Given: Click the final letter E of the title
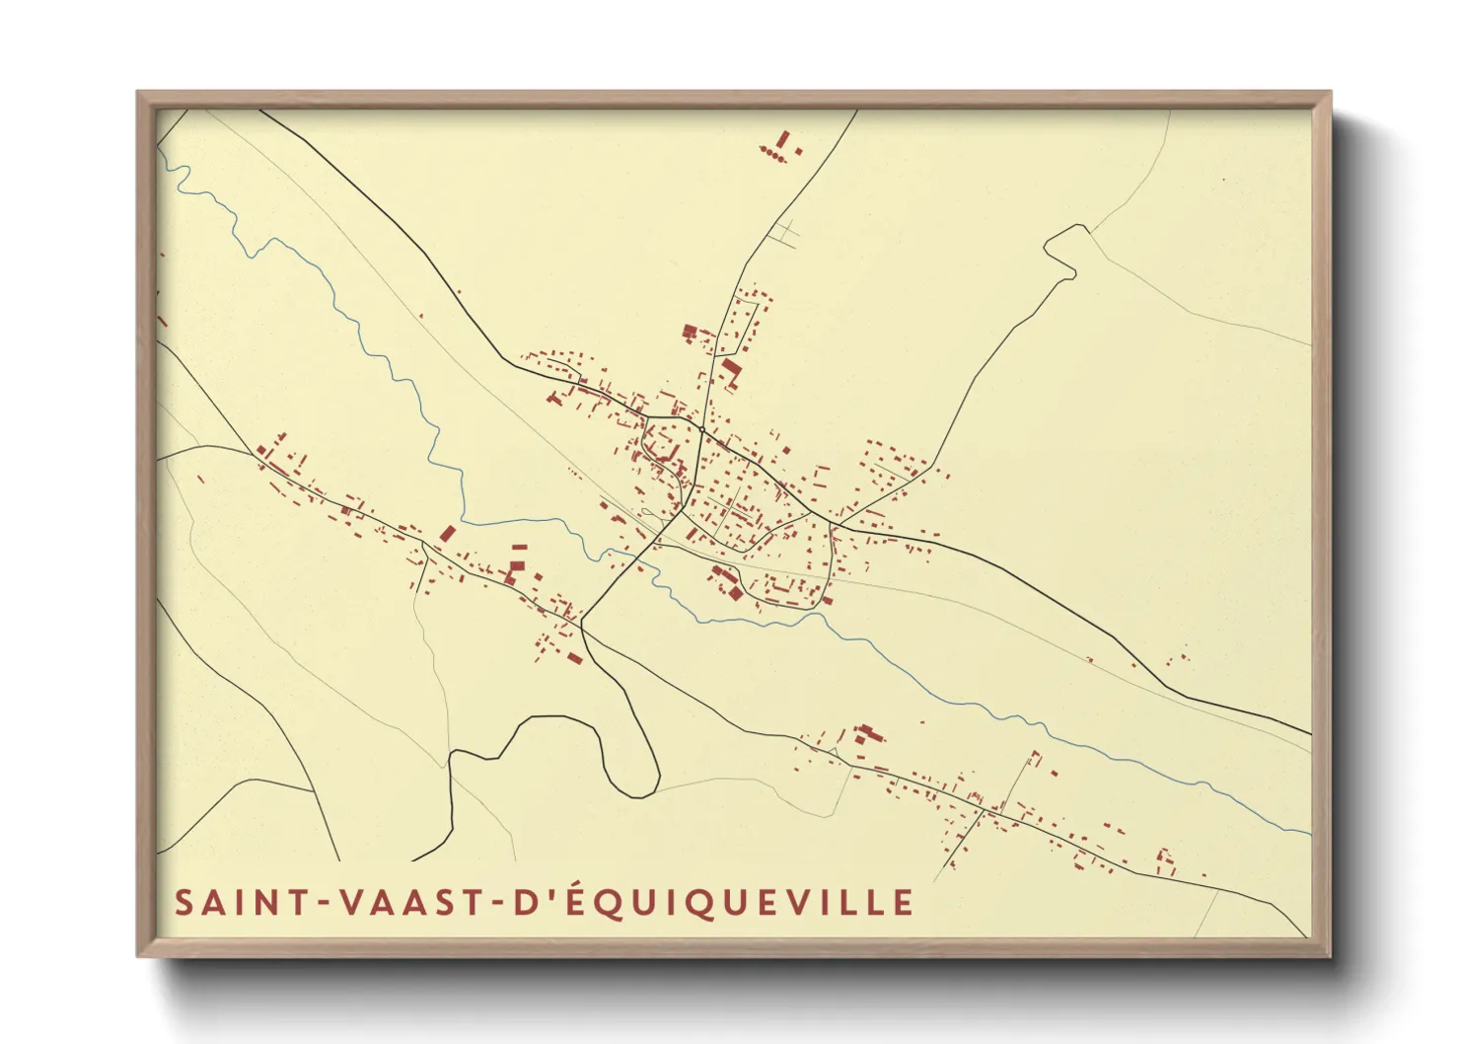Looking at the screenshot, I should [x=904, y=903].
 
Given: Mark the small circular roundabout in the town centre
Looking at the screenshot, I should [x=700, y=429].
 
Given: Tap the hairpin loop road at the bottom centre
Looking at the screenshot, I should [x=631, y=750].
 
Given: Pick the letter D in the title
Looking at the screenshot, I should [x=540, y=903].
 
